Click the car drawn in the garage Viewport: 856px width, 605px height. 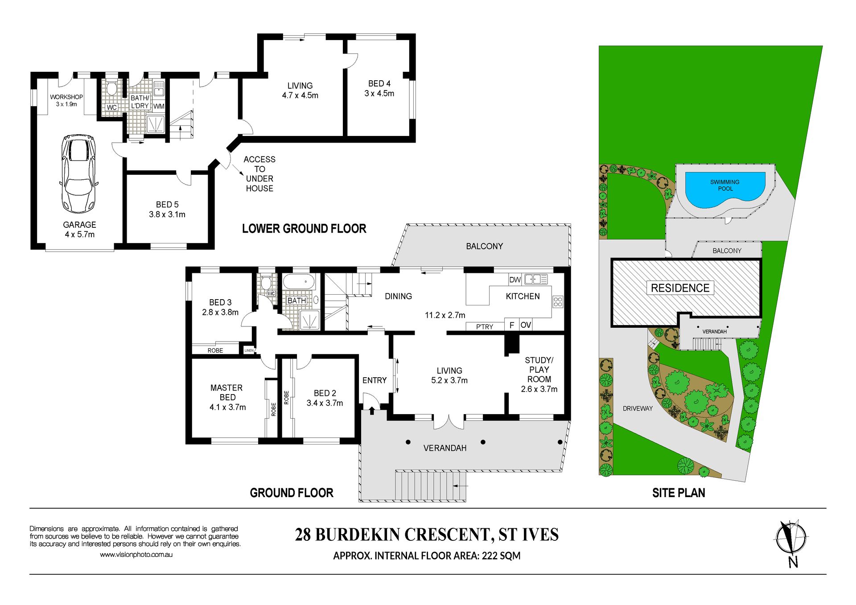coord(78,174)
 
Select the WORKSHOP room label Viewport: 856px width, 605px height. coord(66,97)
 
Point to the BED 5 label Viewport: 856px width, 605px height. coord(167,205)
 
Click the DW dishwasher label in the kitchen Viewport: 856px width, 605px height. coord(515,280)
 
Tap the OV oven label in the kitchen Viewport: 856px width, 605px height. coord(526,325)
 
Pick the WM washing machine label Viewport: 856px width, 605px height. coord(159,107)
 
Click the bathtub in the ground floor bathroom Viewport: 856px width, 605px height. coord(299,282)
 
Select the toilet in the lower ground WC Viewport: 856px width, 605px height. coord(112,87)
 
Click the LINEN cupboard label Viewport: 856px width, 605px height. coord(249,350)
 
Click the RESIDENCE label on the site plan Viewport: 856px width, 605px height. coord(680,288)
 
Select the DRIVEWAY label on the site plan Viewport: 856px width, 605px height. coord(638,408)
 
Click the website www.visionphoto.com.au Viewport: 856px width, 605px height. coord(136,555)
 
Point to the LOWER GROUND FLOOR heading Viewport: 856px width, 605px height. coord(304,229)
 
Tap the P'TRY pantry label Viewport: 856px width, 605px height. coord(485,327)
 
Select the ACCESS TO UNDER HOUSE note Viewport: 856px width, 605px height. coord(259,174)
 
